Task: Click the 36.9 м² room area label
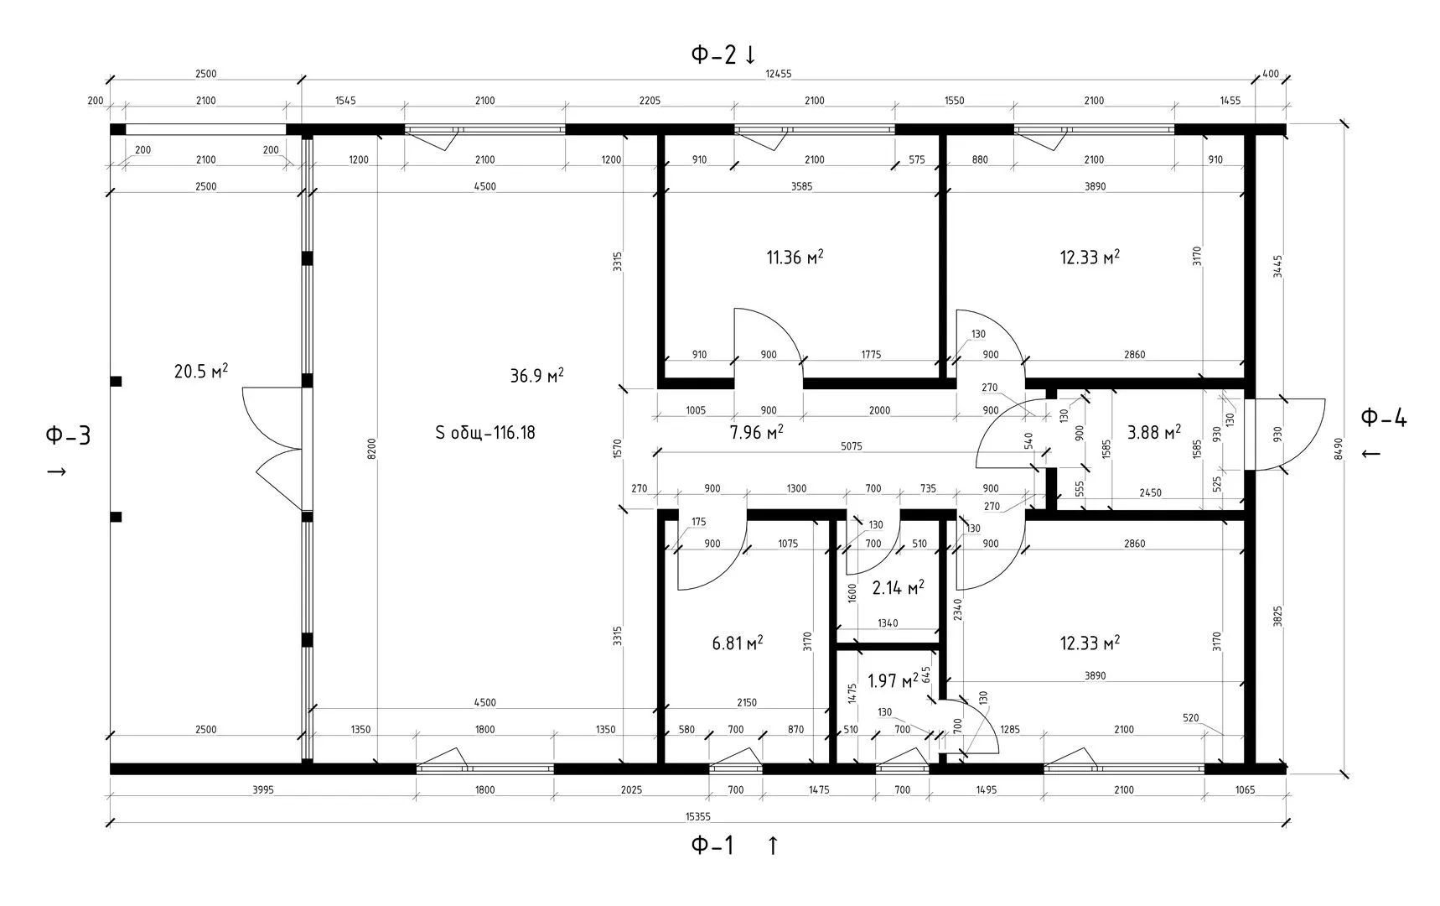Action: pyautogui.click(x=536, y=375)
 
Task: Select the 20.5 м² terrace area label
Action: pyautogui.click(x=201, y=371)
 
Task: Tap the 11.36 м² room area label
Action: pyautogui.click(x=795, y=257)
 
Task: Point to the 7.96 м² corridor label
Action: pyautogui.click(x=756, y=432)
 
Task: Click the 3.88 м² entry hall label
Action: pyautogui.click(x=1154, y=432)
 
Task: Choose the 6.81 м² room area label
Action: pyautogui.click(x=738, y=643)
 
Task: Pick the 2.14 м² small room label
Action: pyautogui.click(x=898, y=587)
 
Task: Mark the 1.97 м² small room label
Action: pyautogui.click(x=893, y=680)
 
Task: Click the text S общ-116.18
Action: pyautogui.click(x=485, y=433)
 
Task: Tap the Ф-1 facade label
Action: pyautogui.click(x=712, y=846)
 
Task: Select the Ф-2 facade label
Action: pyautogui.click(x=713, y=55)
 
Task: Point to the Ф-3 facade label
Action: pyautogui.click(x=68, y=435)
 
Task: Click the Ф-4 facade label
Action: pyautogui.click(x=1383, y=417)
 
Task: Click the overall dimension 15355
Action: pyautogui.click(x=697, y=816)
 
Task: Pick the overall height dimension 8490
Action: pyautogui.click(x=1339, y=449)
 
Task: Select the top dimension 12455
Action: pyautogui.click(x=779, y=74)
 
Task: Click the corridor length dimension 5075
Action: pyautogui.click(x=851, y=446)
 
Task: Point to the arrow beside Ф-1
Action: pyautogui.click(x=773, y=846)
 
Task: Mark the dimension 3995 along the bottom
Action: pyautogui.click(x=263, y=789)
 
